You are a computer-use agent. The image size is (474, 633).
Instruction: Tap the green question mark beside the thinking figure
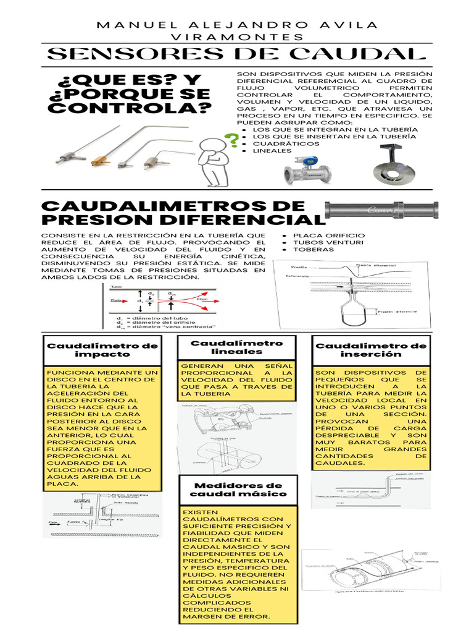coord(233,141)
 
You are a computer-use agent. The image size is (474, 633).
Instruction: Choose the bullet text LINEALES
coord(272,150)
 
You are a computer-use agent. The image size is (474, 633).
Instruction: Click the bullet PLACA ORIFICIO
coord(329,236)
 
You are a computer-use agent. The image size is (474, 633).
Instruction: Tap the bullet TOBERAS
coord(314,250)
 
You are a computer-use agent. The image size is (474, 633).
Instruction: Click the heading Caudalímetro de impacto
coord(102,350)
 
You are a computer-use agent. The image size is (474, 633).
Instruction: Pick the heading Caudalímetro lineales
coord(236,347)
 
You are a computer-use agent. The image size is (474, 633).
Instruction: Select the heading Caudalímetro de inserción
coord(371,350)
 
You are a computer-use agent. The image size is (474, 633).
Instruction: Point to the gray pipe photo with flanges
coord(381,210)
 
